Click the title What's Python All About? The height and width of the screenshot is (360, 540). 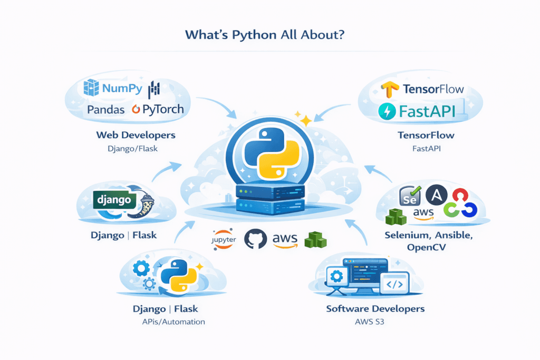270,35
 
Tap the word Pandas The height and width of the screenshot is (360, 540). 106,110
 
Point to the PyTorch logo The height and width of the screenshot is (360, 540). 158,110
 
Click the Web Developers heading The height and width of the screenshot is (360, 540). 135,135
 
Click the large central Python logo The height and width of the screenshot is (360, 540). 270,150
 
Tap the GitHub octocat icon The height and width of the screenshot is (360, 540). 255,239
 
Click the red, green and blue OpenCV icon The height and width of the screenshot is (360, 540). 460,202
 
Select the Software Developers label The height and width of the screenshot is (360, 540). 375,308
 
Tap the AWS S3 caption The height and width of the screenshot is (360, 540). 375,321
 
